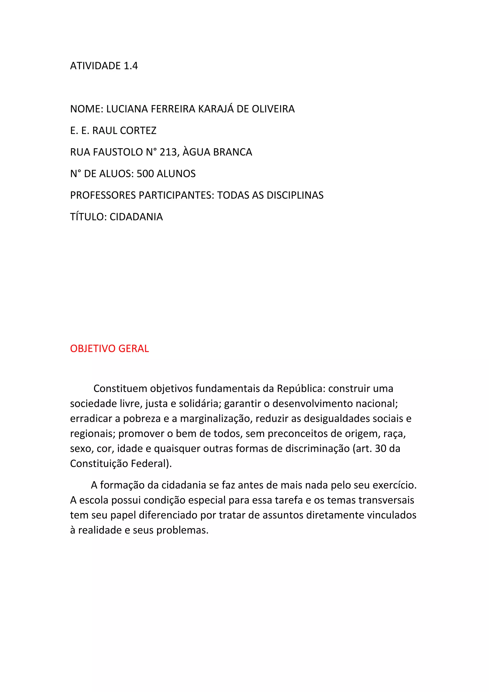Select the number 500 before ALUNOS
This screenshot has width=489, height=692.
[145, 174]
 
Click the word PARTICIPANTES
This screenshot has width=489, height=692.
[176, 195]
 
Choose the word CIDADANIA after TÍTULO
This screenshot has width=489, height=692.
[136, 217]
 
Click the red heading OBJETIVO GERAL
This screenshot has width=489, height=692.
[109, 349]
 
